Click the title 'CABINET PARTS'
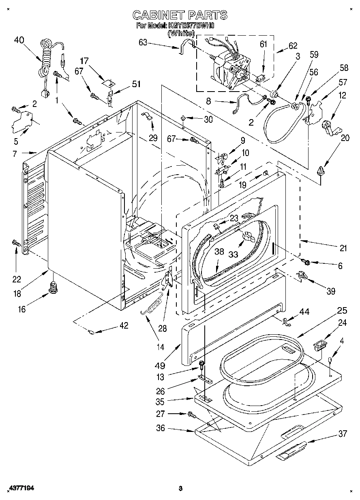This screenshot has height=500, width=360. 180,15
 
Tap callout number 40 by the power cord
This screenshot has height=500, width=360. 19,40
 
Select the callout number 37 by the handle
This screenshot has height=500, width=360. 343,434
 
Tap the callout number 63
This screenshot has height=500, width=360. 143,43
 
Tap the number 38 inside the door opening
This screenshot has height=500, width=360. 219,252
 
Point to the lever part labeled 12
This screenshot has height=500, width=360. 328,126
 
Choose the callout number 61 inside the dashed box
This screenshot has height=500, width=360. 264,44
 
